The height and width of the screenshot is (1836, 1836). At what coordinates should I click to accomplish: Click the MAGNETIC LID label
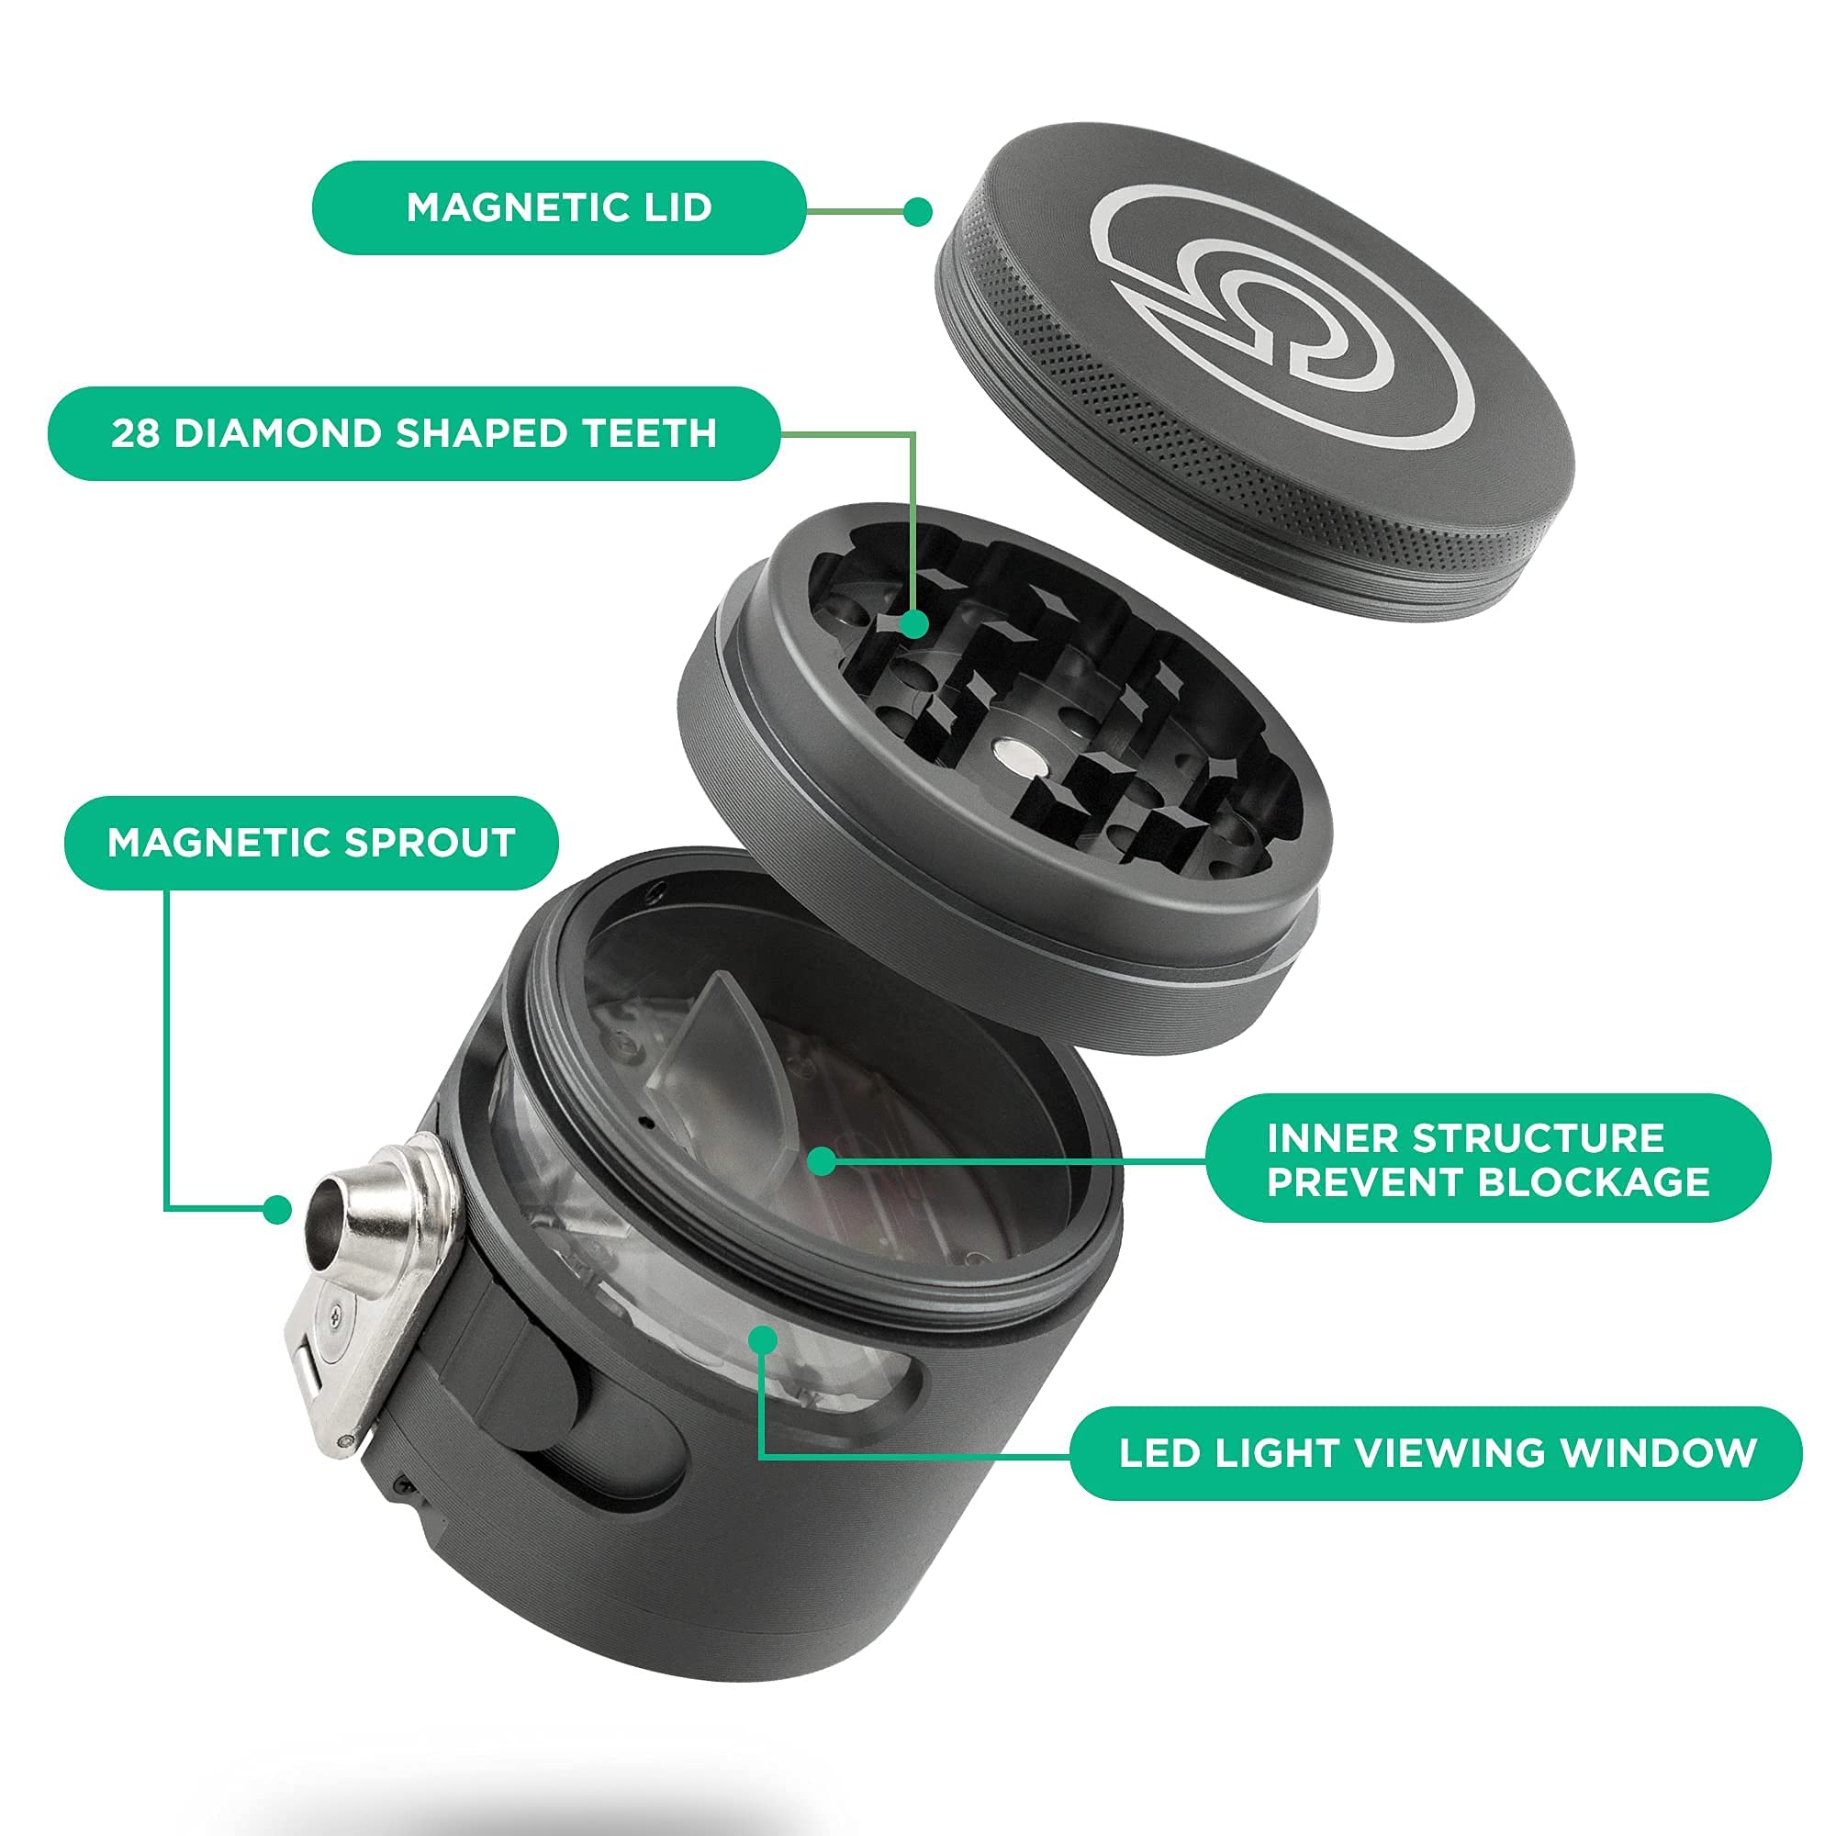(x=559, y=208)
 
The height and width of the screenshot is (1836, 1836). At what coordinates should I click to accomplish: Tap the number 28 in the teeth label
(x=134, y=433)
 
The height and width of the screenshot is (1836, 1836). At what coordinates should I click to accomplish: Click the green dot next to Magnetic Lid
(x=917, y=211)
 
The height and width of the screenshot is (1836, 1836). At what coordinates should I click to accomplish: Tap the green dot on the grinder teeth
(x=913, y=624)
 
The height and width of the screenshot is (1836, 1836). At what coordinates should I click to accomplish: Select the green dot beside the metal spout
(x=276, y=1210)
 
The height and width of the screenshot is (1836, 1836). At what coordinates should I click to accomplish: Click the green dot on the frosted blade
(x=821, y=1160)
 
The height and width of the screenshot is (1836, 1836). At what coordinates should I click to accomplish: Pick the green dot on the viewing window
(x=762, y=1339)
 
